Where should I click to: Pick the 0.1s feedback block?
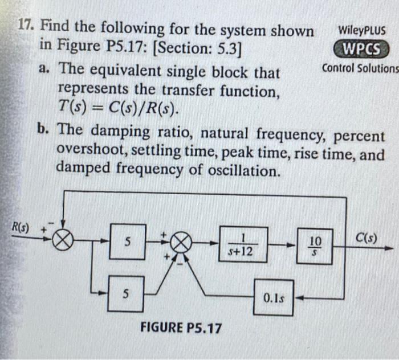click(274, 297)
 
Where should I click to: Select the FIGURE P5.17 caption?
click(181, 328)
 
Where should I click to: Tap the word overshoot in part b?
click(97, 154)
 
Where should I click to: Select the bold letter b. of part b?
click(43, 129)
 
